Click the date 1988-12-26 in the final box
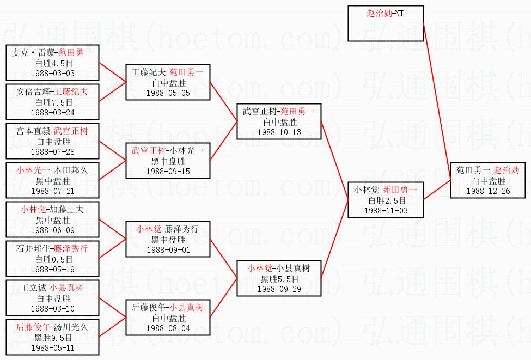click(488, 191)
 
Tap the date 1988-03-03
click(53, 73)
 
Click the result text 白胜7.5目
click(53, 102)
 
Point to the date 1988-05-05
click(168, 93)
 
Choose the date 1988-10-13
click(279, 132)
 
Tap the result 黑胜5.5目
click(279, 278)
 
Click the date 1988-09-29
click(279, 289)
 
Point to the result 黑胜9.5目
click(53, 337)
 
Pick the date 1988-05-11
click(53, 347)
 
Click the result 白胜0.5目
click(53, 259)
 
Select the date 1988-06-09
click(53, 230)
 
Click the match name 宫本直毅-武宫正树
click(53, 131)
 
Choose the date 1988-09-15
click(168, 171)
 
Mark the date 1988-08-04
click(168, 328)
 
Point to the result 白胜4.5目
click(53, 63)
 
